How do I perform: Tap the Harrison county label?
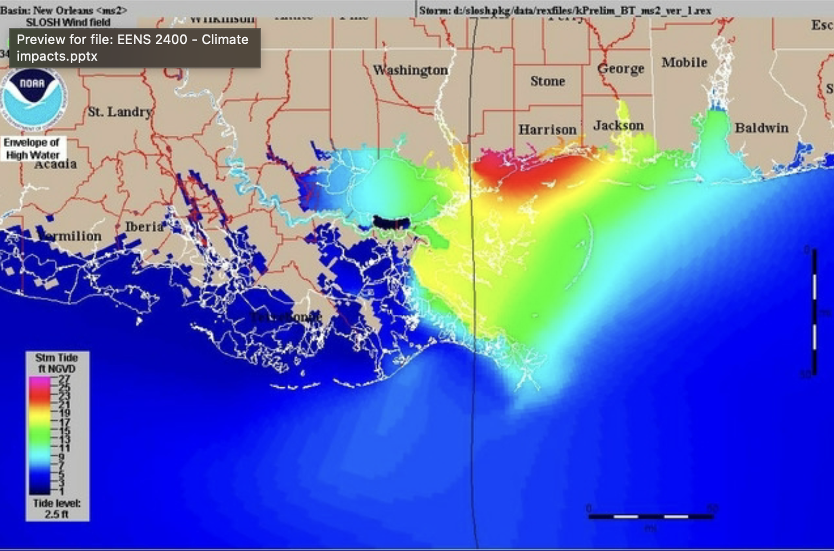547,130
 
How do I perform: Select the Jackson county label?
618,126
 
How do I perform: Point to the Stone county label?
547,82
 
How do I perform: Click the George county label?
620,69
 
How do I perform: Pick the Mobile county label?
684,62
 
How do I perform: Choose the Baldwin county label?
761,128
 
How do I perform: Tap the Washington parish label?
410,70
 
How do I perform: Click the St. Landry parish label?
120,112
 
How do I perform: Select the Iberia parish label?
144,227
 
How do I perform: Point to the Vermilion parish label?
70,236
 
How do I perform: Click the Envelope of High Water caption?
32,149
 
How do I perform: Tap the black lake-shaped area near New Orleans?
392,222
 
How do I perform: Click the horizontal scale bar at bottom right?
651,516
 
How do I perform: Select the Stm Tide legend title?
57,363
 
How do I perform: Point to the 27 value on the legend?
64,378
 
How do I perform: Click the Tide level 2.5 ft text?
57,509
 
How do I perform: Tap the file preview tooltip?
133,48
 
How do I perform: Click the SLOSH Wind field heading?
68,22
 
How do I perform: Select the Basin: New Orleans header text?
64,10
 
